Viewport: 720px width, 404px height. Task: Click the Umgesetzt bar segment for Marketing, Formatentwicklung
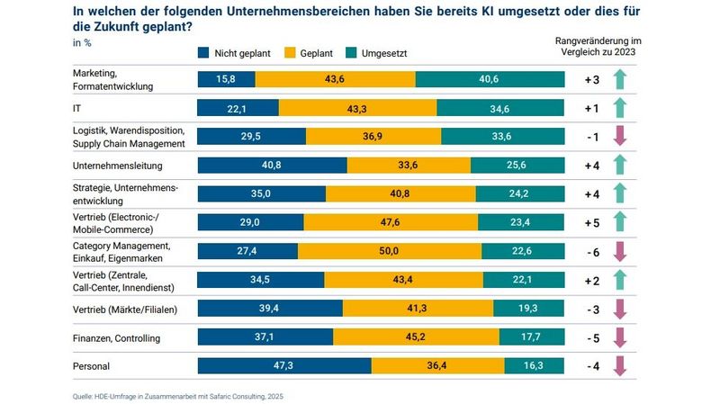pos(490,79)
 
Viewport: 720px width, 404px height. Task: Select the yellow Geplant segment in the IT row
pos(357,108)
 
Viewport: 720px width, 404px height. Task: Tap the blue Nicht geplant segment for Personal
pos(283,366)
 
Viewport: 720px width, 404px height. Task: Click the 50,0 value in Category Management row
pos(389,251)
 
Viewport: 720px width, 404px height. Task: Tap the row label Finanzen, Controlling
pos(114,337)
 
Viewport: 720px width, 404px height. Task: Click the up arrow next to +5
pos(619,222)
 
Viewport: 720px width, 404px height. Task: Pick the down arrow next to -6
pos(619,251)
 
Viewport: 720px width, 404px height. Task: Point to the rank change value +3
pos(591,79)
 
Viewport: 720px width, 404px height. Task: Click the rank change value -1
pos(591,137)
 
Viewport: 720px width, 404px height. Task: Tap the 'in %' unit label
pos(81,42)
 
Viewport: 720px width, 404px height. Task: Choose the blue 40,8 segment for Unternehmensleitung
pos(272,165)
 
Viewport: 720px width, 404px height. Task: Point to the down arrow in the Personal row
pos(619,366)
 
